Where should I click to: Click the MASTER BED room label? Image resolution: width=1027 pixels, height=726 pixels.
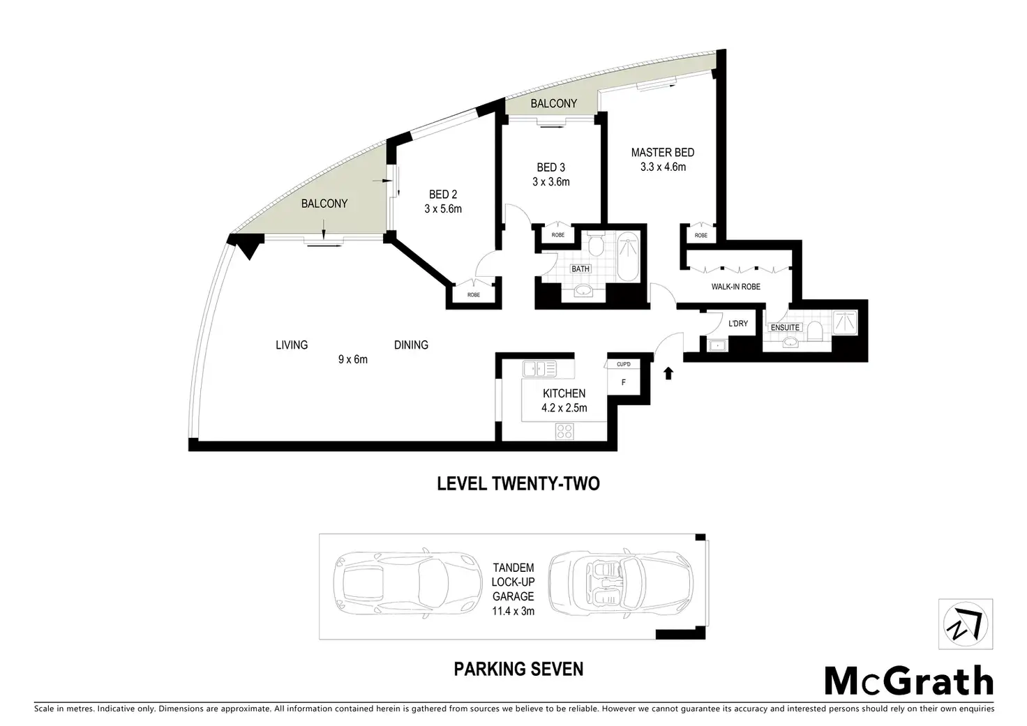tap(663, 152)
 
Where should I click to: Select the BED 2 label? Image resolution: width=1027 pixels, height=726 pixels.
tap(443, 195)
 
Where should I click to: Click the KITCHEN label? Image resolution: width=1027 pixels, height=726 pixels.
tap(564, 393)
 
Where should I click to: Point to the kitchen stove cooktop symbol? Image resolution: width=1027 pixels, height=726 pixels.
tap(564, 431)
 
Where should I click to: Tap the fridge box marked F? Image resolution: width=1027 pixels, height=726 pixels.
tap(623, 381)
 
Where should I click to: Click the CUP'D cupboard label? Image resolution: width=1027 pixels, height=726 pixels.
tap(624, 364)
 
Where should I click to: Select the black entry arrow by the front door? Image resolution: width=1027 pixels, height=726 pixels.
tap(668, 374)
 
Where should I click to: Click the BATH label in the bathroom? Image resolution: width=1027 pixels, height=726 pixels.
tap(580, 269)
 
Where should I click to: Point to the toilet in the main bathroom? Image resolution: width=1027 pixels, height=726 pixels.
tap(596, 245)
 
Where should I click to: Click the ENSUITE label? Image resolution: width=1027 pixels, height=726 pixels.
tap(786, 327)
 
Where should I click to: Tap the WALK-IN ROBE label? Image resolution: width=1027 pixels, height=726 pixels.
tap(736, 287)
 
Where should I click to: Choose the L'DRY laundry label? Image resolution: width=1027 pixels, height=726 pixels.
tap(738, 324)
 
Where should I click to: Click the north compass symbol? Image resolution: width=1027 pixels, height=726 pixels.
tap(966, 624)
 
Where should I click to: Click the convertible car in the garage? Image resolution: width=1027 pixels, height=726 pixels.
tap(621, 582)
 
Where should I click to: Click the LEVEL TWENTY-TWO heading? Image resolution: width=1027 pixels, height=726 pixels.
tap(518, 484)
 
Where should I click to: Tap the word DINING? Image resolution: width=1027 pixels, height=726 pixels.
tap(411, 345)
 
